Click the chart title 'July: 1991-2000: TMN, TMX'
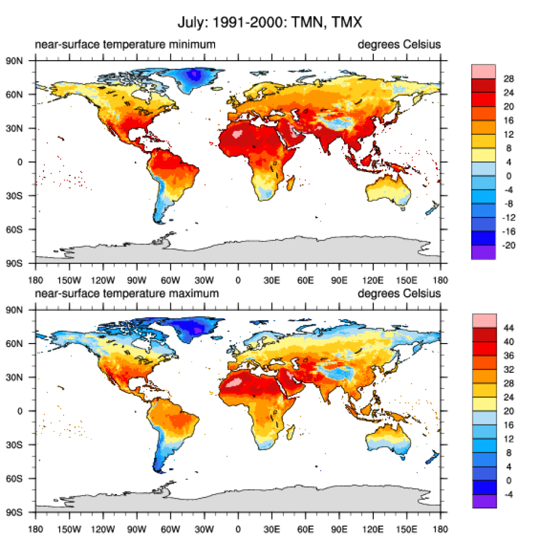tap(271, 24)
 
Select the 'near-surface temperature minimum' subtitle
tap(125, 44)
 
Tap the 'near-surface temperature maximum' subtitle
tap(127, 293)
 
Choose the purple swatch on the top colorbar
tap(483, 252)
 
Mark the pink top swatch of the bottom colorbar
tap(483, 320)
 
